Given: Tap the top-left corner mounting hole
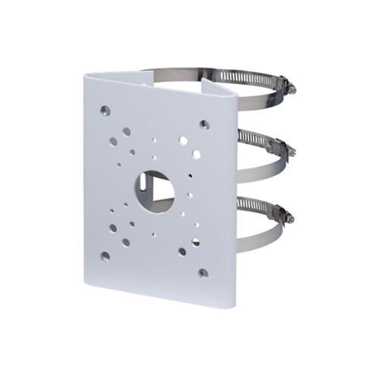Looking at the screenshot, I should (x=105, y=111).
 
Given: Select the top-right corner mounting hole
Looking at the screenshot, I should (x=204, y=124).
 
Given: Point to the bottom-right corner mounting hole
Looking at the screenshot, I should (x=202, y=272).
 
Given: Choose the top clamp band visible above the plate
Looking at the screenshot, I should (x=189, y=74).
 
